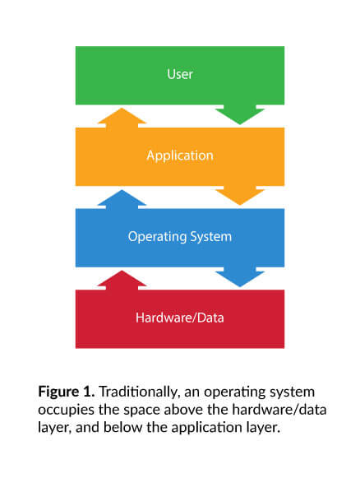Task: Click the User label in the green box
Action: coord(180,74)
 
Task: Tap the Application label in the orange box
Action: coord(180,155)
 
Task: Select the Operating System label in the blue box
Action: coord(180,237)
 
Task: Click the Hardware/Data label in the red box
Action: coord(180,318)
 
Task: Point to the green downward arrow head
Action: coord(240,115)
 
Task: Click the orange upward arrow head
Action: coord(122,118)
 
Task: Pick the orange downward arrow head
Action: coord(240,196)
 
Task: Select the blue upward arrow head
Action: coord(122,198)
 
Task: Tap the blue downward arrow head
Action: coord(240,277)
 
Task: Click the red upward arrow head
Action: coord(122,280)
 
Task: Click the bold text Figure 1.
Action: coord(67,392)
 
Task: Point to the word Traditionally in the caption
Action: coord(140,392)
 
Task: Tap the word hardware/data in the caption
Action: coord(279,410)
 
